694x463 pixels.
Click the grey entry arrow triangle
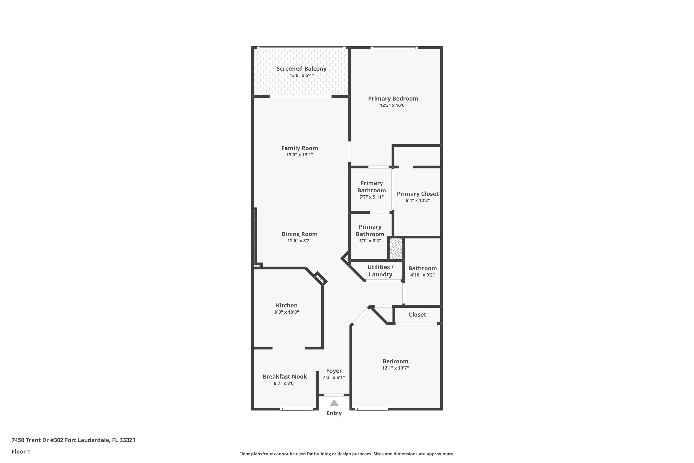[334, 403]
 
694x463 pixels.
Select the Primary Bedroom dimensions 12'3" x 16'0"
[393, 105]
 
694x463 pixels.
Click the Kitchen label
[287, 306]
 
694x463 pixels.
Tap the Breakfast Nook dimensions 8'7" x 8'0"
[285, 383]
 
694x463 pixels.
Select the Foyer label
[334, 371]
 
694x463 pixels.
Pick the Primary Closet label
[417, 194]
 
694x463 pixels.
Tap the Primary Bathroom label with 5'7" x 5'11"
[371, 187]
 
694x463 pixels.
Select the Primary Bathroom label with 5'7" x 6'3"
[370, 230]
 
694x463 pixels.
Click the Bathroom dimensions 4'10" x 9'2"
[422, 275]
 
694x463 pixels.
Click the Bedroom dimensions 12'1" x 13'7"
[395, 368]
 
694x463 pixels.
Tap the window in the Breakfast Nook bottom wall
[297, 409]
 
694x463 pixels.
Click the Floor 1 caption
[21, 451]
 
